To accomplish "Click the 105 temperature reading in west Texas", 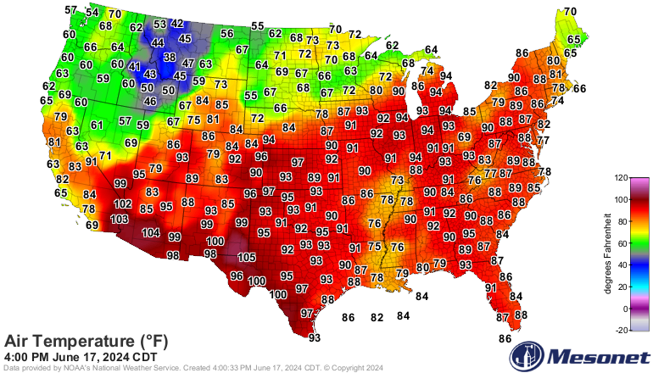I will click(x=246, y=258).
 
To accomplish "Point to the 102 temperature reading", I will click(x=123, y=204).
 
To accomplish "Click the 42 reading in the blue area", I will click(x=177, y=24).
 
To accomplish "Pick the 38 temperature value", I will click(x=170, y=58).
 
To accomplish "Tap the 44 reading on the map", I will click(x=158, y=42).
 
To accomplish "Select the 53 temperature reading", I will click(x=160, y=25).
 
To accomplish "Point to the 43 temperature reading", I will click(x=150, y=75).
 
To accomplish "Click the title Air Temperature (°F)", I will click(x=87, y=341).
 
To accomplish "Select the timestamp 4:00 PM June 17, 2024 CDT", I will click(x=81, y=357).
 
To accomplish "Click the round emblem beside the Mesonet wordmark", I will click(x=534, y=354).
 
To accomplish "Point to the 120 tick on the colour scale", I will click(x=621, y=179).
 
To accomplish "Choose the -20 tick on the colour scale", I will click(x=621, y=330).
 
